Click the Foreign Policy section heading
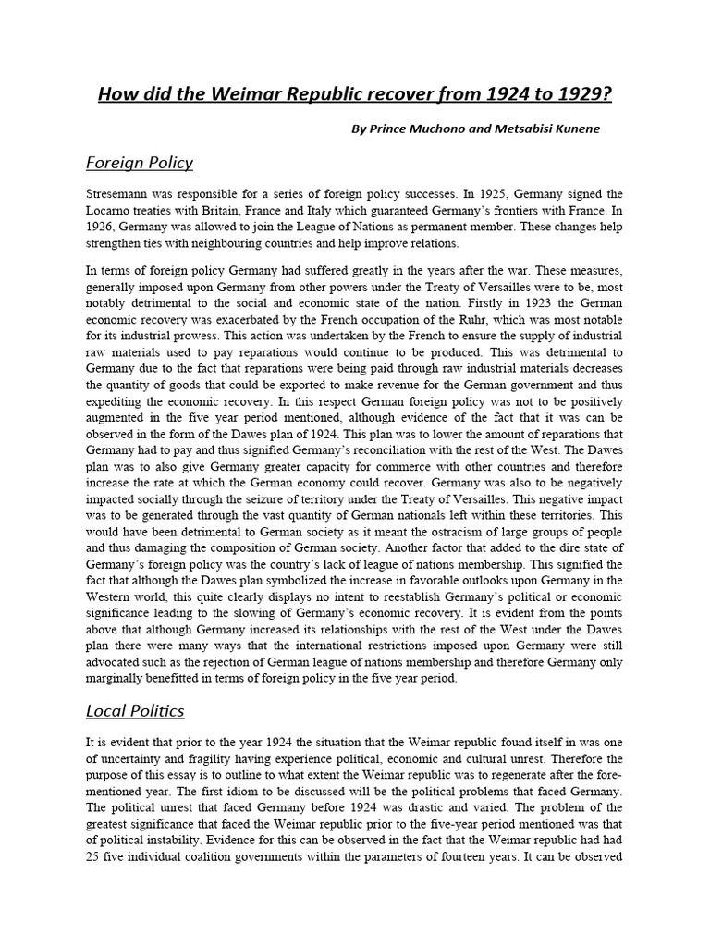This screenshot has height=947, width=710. pos(139,163)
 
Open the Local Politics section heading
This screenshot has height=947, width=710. pos(135,710)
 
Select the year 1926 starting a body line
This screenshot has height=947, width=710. pos(101,227)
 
